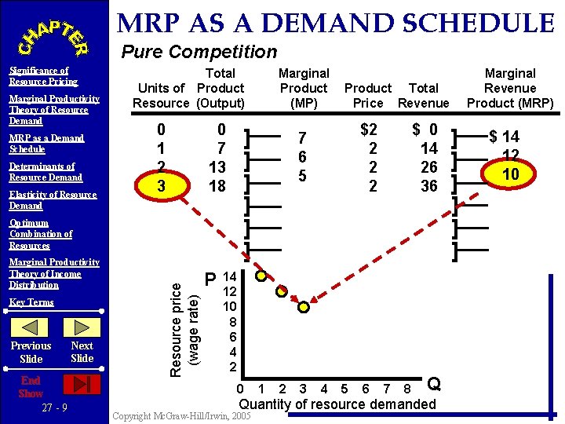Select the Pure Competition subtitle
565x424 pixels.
[199, 53]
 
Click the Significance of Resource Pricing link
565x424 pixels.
[43, 76]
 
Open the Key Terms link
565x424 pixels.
[31, 302]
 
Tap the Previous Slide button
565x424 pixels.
[31, 352]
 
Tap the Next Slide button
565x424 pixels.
[82, 352]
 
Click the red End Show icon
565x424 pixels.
[82, 384]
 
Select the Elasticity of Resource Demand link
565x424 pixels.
[53, 200]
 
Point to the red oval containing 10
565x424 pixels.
[511, 174]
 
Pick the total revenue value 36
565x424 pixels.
[429, 186]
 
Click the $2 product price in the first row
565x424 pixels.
[368, 130]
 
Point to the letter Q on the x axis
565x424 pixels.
[434, 384]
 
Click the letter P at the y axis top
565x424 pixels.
[210, 280]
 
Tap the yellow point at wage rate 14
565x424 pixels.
[261, 276]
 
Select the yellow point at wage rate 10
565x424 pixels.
[303, 306]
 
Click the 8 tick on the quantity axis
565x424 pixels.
[406, 388]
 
